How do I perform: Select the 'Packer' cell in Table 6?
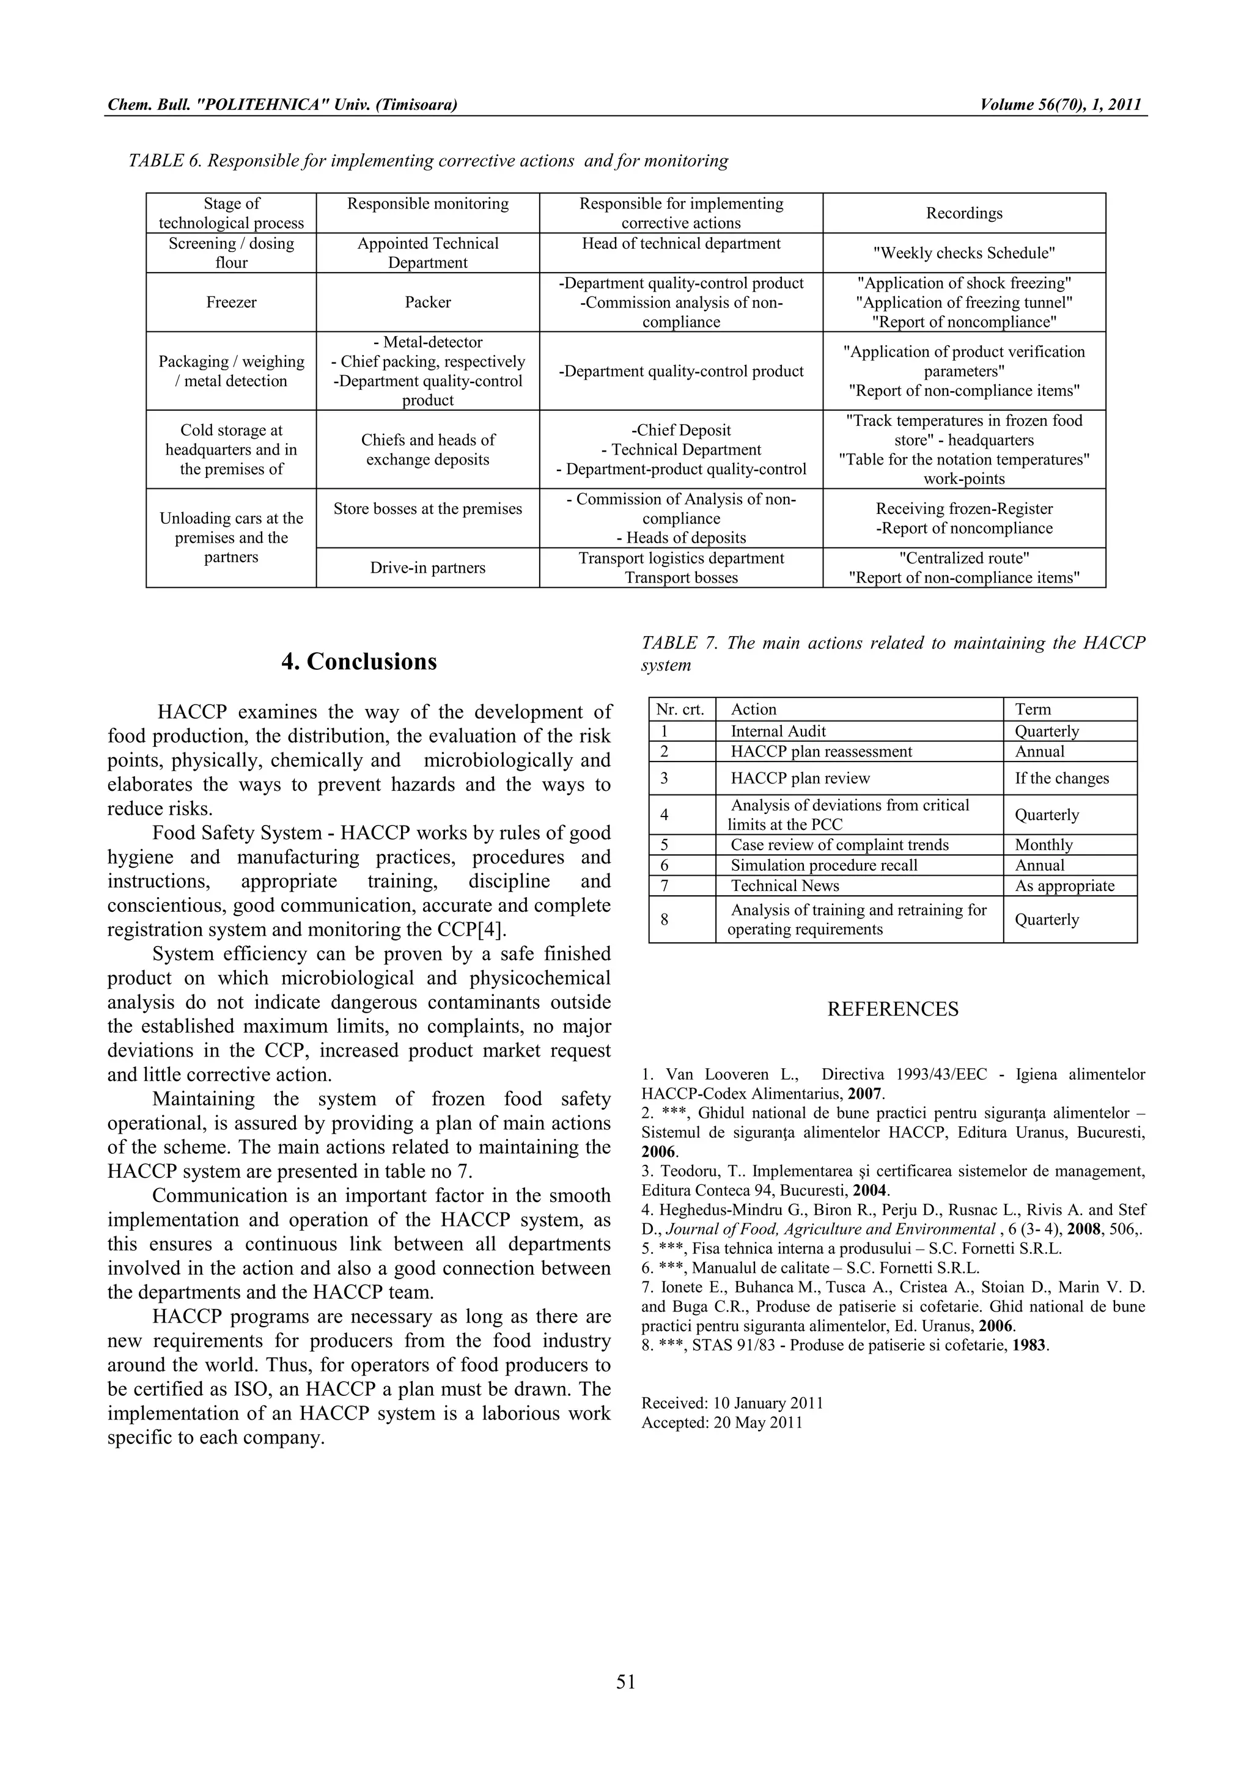(x=427, y=302)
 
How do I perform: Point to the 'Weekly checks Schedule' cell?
(x=963, y=253)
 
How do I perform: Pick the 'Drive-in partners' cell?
(x=427, y=568)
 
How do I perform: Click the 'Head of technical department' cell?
(x=680, y=244)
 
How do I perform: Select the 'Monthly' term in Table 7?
(x=1043, y=845)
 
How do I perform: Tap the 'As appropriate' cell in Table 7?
(x=1064, y=886)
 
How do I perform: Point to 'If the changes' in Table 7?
(x=1061, y=779)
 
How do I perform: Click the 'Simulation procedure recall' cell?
(x=824, y=865)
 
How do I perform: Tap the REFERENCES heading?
(x=893, y=1009)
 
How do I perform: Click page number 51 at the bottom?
(x=625, y=1682)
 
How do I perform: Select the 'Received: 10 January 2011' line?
(x=731, y=1403)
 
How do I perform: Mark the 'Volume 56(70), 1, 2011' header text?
(x=1060, y=105)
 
